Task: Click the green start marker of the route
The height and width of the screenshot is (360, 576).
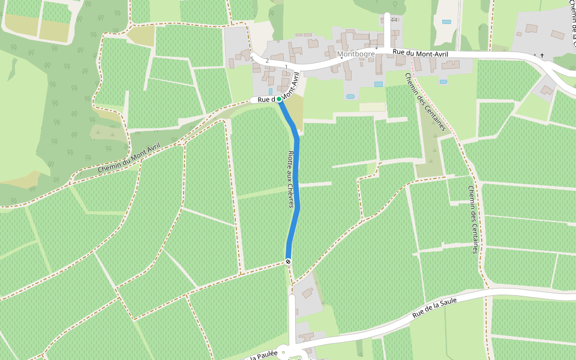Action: (279, 99)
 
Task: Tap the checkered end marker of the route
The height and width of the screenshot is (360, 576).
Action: (289, 261)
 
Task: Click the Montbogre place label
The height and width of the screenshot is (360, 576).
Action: (356, 54)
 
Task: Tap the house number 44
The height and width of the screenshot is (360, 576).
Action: (394, 20)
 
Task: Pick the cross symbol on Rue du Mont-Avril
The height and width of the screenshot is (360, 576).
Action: (542, 55)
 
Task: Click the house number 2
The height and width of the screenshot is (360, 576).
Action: (267, 61)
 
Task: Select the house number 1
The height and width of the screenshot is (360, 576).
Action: (286, 67)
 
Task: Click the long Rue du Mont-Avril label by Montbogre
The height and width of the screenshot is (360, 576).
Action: (420, 53)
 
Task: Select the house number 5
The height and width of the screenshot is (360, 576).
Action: (252, 59)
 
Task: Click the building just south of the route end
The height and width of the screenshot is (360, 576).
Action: (307, 293)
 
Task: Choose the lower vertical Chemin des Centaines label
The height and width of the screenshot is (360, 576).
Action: (473, 219)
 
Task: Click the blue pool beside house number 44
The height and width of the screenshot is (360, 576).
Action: (446, 22)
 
